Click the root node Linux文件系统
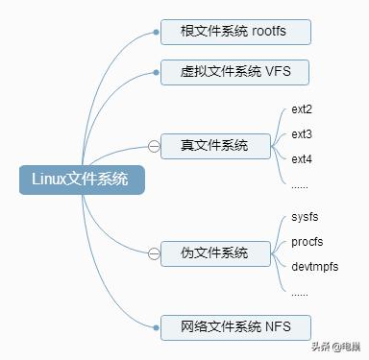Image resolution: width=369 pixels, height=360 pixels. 81,180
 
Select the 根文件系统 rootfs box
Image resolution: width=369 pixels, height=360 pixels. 235,32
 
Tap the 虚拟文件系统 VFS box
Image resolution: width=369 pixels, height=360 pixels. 235,72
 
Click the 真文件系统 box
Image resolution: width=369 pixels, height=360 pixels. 213,145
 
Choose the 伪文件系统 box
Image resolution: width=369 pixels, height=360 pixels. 213,252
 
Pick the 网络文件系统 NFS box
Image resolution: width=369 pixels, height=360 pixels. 235,325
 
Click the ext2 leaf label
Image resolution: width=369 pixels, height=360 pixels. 302,109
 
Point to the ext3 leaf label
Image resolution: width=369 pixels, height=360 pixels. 302,133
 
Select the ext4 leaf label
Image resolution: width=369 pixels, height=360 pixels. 302,157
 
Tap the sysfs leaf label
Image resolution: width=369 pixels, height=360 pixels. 306,217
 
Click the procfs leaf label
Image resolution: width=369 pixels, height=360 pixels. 307,241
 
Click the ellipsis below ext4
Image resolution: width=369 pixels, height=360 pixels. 300,182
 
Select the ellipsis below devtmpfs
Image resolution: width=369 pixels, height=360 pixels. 300,291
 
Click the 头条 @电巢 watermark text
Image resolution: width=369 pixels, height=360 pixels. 334,347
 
